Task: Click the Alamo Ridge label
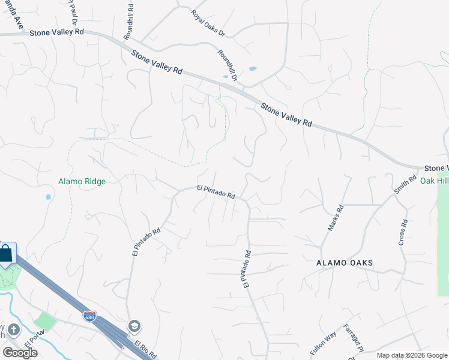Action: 82,181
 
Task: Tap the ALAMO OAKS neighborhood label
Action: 345,263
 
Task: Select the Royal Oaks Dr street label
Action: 207,23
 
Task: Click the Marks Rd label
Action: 334,218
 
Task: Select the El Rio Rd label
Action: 146,349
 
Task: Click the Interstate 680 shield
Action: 89,316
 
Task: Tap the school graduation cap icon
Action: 134,326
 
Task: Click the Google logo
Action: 20,353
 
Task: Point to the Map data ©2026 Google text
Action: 412,355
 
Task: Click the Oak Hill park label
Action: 433,181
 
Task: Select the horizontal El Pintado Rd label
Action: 215,191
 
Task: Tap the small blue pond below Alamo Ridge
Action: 48,196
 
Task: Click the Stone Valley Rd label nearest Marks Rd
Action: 286,114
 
